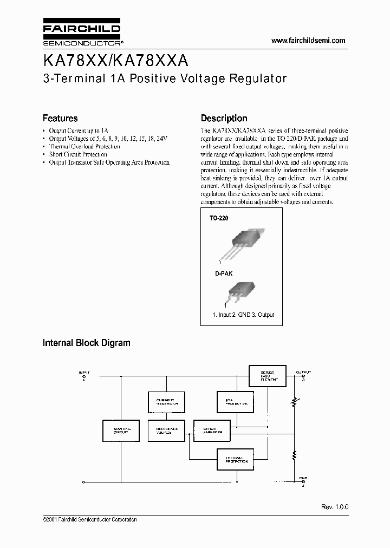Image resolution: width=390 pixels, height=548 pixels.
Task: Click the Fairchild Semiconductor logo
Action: click(x=82, y=34)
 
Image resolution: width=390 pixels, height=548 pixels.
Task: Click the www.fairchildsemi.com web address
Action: click(x=308, y=41)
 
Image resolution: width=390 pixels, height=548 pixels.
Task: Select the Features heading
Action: click(x=60, y=118)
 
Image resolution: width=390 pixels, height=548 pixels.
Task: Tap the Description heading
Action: click(x=224, y=118)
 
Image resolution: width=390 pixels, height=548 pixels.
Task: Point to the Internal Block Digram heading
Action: click(x=86, y=343)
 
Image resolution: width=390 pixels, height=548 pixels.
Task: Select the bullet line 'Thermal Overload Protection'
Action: click(x=84, y=147)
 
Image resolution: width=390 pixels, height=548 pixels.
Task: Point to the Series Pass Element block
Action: click(x=267, y=376)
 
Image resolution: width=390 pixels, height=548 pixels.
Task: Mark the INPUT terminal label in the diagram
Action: click(x=84, y=373)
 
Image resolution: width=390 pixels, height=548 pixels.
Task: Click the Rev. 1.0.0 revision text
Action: click(x=335, y=507)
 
